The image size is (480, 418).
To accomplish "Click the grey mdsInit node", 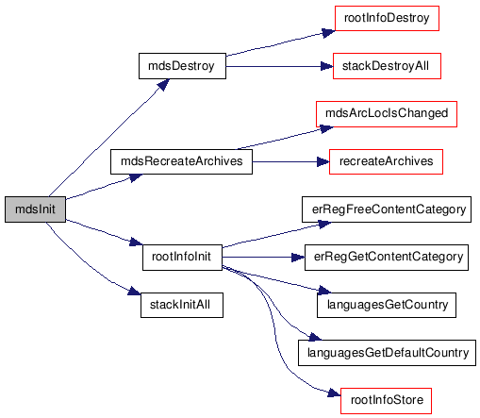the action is (x=35, y=209).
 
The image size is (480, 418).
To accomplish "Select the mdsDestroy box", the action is (x=182, y=66).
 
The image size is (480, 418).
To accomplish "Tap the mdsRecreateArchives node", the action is (x=181, y=161).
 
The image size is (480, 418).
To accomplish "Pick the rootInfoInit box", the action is (x=182, y=258).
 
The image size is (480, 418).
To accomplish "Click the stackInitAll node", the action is (x=182, y=305).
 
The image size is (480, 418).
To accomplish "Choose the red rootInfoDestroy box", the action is (x=387, y=18).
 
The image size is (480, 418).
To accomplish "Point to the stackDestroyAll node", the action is (x=387, y=66).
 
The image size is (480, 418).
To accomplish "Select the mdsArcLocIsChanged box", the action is (x=387, y=114).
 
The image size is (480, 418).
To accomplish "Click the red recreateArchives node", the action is (x=386, y=161).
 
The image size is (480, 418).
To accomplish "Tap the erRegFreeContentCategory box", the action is (x=387, y=209).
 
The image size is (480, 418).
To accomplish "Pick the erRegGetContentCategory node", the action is (x=387, y=258).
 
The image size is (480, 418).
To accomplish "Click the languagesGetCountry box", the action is (x=387, y=305).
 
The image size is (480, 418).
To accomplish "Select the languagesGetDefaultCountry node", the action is (x=387, y=353).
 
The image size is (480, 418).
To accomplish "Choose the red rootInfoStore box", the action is (x=386, y=401).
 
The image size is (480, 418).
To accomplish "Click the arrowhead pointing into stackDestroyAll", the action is (x=327, y=66).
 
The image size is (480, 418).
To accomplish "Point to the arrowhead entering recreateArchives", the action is (x=323, y=162).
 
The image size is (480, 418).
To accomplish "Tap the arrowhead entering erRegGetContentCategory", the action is (x=298, y=258).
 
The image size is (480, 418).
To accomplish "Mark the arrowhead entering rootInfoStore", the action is (x=334, y=393).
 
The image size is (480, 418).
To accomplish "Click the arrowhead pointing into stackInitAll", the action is (x=134, y=292).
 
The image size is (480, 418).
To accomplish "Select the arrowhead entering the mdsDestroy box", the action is (x=163, y=85).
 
